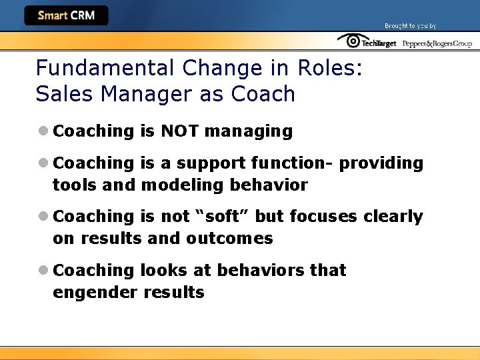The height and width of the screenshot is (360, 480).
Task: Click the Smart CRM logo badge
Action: coord(66,15)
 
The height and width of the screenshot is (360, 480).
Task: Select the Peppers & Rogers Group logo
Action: coord(437,43)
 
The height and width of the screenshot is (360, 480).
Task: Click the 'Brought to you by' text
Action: coord(410,26)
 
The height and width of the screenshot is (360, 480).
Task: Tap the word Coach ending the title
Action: coord(263,94)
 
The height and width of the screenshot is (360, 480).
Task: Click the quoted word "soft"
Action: coord(219,217)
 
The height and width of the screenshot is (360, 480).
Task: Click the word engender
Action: coord(94,292)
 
